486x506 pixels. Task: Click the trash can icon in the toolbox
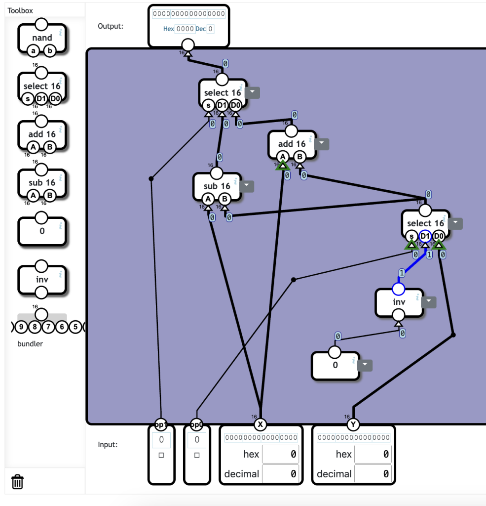(17, 481)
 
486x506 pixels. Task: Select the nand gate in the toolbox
(42, 38)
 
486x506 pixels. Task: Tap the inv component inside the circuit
(399, 302)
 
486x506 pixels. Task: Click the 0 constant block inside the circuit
(336, 365)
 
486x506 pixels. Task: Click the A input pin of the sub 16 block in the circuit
(208, 199)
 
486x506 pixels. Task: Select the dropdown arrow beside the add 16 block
(322, 144)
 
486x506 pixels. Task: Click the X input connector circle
(260, 424)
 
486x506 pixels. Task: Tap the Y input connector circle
(353, 424)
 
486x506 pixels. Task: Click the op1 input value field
(161, 439)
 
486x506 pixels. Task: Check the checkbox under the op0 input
(197, 455)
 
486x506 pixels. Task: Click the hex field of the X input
(280, 454)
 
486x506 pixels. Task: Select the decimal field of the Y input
(373, 474)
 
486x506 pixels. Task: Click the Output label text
(111, 26)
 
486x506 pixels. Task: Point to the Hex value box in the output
(185, 29)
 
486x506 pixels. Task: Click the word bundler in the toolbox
(30, 344)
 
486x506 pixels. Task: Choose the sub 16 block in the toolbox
(42, 183)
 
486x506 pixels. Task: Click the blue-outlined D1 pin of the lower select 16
(425, 237)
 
